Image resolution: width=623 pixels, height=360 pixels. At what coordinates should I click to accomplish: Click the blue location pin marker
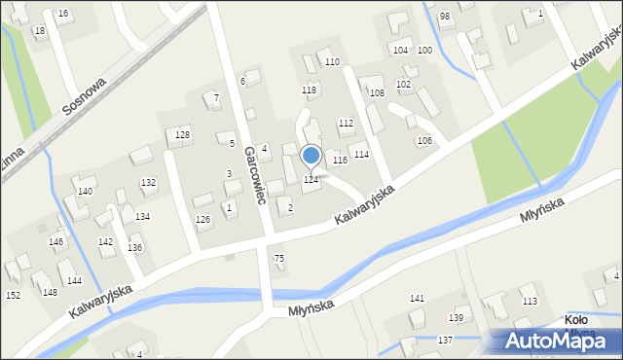click(x=311, y=156)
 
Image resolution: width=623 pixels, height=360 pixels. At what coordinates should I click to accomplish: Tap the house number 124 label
click(x=311, y=180)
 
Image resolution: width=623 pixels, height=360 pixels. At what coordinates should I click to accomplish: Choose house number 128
click(x=182, y=133)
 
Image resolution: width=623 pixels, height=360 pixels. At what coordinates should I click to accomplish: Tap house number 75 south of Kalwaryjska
click(x=279, y=258)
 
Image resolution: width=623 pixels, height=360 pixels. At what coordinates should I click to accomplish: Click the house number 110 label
click(x=332, y=62)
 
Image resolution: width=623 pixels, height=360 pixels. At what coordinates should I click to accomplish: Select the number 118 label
click(x=310, y=90)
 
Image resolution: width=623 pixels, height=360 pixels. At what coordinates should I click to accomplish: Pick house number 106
click(x=424, y=141)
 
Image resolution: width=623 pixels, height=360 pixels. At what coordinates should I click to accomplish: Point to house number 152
click(x=13, y=295)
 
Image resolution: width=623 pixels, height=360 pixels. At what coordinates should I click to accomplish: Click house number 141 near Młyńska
click(x=417, y=298)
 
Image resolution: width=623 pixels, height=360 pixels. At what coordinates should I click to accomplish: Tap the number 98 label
click(x=444, y=17)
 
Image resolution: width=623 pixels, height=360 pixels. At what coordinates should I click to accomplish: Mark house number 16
click(x=63, y=13)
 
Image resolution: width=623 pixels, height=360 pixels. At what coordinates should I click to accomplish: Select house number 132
click(x=148, y=183)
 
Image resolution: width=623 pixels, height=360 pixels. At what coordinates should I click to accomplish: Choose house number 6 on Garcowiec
click(x=242, y=81)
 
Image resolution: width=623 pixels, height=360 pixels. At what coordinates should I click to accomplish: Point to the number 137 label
click(x=445, y=340)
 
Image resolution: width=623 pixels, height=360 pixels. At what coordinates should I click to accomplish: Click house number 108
click(x=377, y=93)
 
